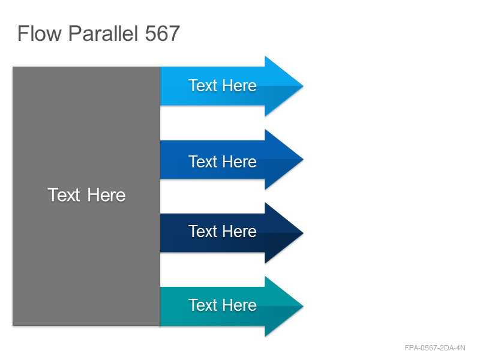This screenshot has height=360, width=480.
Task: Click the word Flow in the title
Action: (x=40, y=33)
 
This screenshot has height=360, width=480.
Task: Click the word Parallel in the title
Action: (x=103, y=33)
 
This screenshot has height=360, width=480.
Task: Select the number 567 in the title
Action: (x=162, y=34)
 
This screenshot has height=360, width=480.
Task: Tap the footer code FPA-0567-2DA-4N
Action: (x=435, y=348)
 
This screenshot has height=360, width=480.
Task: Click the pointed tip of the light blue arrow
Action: (x=303, y=86)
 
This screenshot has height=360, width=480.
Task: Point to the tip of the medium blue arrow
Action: (x=303, y=160)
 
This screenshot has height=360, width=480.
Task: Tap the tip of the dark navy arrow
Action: (x=303, y=233)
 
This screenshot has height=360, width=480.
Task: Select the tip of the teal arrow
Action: (x=303, y=306)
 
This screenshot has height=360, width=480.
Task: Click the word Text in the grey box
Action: (x=64, y=194)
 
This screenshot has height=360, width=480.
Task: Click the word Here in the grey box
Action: (x=106, y=195)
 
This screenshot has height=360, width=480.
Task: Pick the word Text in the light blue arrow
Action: (x=203, y=85)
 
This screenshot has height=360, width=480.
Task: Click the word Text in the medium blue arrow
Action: (x=203, y=161)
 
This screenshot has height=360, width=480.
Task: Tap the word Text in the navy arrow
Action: (x=203, y=231)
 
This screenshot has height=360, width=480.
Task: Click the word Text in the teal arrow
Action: (x=203, y=305)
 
